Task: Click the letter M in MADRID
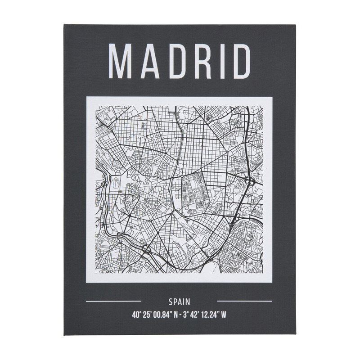pos(120,61)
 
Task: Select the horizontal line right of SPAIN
pos(245,301)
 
